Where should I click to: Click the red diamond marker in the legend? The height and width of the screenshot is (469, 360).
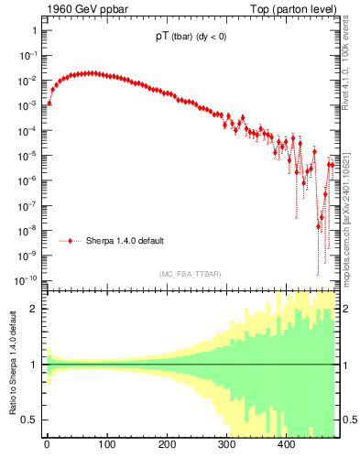click(x=74, y=241)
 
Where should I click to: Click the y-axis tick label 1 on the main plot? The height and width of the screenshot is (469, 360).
click(x=33, y=30)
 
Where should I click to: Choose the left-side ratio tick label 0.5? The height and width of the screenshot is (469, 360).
click(x=29, y=420)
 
